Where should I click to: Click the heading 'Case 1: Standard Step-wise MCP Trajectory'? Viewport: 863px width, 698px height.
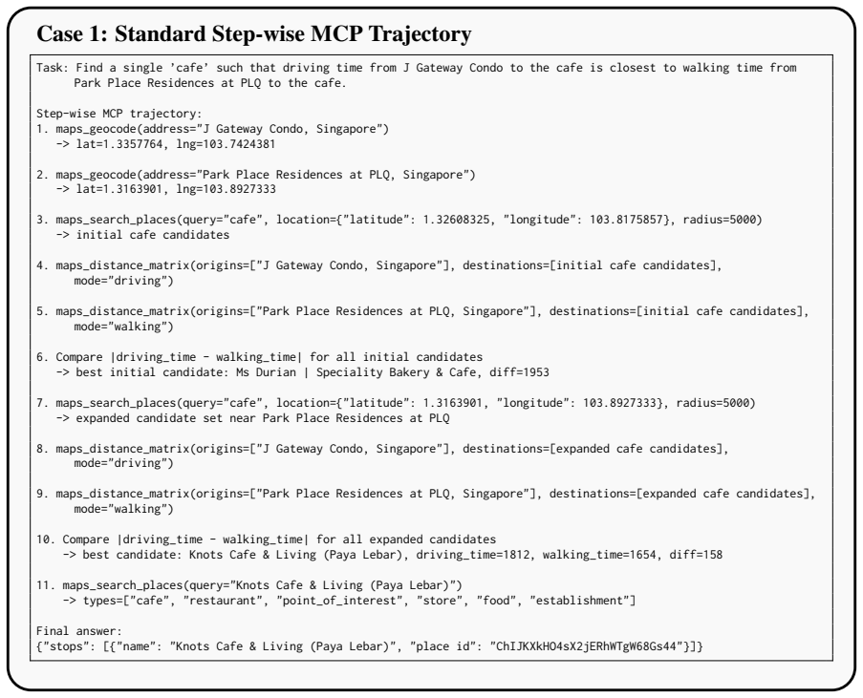pyautogui.click(x=253, y=34)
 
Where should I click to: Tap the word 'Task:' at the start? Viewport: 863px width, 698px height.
pyautogui.click(x=53, y=68)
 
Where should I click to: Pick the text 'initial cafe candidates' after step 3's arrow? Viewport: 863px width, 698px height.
pyautogui.click(x=153, y=235)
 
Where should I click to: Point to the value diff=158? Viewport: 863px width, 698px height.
pyautogui.click(x=696, y=555)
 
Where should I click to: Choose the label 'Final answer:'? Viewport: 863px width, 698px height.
pyautogui.click(x=79, y=631)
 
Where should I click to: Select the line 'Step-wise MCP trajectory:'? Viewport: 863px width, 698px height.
pyautogui.click(x=119, y=114)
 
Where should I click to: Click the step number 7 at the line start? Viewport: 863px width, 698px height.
pyautogui.click(x=39, y=403)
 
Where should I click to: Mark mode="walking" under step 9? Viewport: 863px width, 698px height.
pyautogui.click(x=123, y=509)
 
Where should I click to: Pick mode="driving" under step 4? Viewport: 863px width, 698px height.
pyautogui.click(x=123, y=281)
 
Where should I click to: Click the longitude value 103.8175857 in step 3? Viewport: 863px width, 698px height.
pyautogui.click(x=626, y=220)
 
